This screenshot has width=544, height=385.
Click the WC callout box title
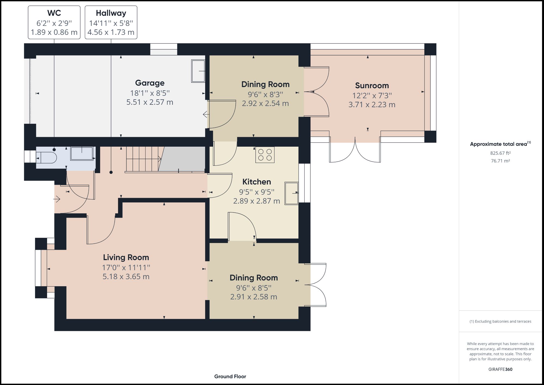tap(54, 13)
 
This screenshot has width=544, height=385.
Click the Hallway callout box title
tap(111, 13)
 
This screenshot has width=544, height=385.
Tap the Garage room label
tap(150, 83)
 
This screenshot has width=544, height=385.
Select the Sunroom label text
tap(372, 85)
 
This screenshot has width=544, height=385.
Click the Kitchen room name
tap(256, 182)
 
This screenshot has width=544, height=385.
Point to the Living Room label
tap(126, 257)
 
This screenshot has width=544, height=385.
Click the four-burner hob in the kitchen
tap(265, 155)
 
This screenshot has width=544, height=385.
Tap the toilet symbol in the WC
tap(47, 158)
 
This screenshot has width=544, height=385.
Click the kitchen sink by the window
tap(291, 193)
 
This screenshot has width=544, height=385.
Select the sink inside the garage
tap(198, 71)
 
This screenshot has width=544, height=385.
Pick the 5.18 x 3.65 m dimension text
tap(126, 277)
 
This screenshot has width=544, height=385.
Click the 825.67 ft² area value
tap(500, 153)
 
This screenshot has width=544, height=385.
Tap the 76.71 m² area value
tap(500, 161)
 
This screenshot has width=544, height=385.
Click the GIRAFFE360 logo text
tap(500, 369)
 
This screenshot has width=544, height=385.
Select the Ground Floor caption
tap(230, 377)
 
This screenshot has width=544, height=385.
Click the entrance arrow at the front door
tap(57, 199)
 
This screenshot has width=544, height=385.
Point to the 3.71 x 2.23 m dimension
tap(372, 105)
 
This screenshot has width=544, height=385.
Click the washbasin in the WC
tap(82, 154)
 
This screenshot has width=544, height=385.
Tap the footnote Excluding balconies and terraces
tap(500, 321)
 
